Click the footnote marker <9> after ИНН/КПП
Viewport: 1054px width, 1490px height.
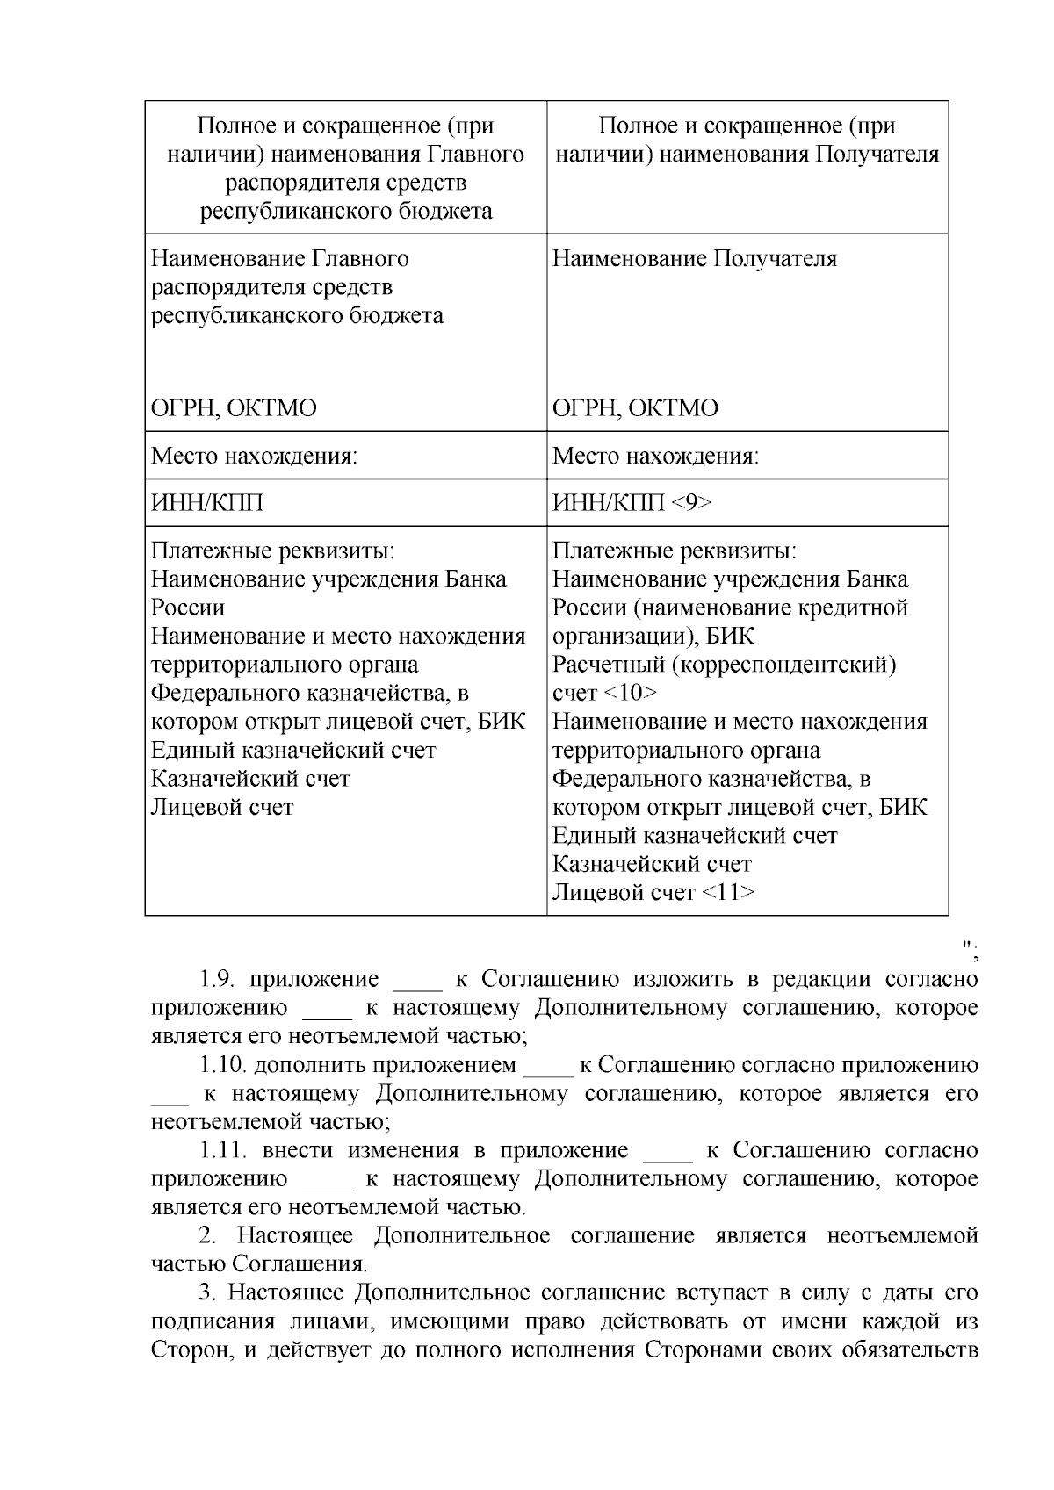point(691,503)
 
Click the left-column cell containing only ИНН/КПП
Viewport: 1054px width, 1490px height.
point(207,503)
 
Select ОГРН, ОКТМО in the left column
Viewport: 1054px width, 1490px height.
point(234,408)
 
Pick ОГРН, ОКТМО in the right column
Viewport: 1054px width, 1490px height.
point(635,408)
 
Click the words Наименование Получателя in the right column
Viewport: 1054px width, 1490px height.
point(694,259)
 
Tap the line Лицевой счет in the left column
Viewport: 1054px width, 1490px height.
point(222,807)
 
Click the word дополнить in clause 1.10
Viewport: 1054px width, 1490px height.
point(308,1065)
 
